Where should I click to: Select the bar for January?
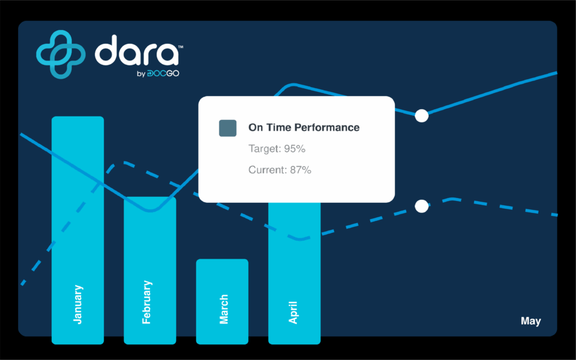point(77,230)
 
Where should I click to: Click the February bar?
point(150,271)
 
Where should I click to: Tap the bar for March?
point(222,302)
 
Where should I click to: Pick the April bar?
point(294,274)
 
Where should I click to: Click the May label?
point(531,322)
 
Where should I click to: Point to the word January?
point(78,304)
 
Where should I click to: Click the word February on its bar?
point(146,302)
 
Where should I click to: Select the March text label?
point(223,309)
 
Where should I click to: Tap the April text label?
point(293,312)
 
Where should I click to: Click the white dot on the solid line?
point(422,116)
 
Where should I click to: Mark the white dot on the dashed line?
point(422,206)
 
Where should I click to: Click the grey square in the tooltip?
point(228,128)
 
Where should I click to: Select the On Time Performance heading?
point(304,127)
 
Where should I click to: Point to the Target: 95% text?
point(277,149)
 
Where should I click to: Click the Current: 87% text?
point(280,170)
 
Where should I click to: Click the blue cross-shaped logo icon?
point(61,55)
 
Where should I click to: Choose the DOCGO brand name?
point(163,73)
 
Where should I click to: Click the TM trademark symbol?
point(181,47)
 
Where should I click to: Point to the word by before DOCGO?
point(141,74)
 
